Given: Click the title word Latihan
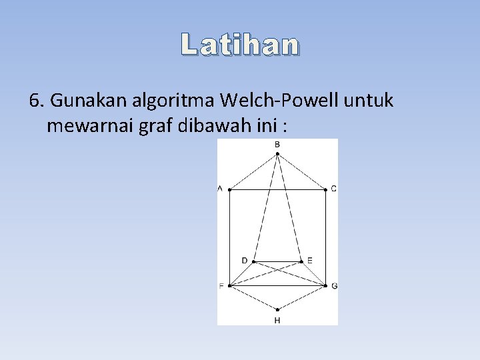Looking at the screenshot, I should click(x=240, y=45).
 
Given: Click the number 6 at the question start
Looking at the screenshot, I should click(x=35, y=101).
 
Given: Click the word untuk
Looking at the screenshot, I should click(x=369, y=101).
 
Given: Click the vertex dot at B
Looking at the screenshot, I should click(x=277, y=154).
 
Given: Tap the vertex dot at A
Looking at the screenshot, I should click(x=229, y=189).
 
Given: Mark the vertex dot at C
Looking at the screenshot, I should click(x=325, y=189).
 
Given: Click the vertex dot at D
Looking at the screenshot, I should click(x=253, y=261).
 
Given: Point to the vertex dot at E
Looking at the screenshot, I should click(x=301, y=261).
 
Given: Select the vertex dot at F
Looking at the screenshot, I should click(x=229, y=286).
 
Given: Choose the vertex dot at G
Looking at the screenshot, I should click(x=325, y=286).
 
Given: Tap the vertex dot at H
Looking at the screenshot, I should click(x=277, y=309).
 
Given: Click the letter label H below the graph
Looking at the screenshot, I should click(x=277, y=321).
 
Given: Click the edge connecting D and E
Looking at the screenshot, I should click(x=277, y=261).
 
